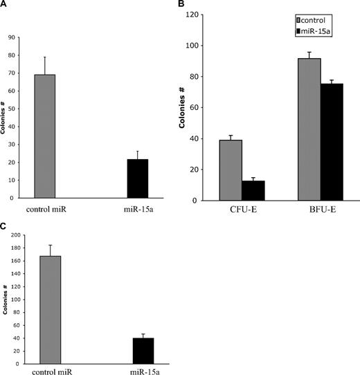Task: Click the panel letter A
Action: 4,5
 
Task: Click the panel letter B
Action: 181,5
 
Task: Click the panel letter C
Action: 4,226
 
